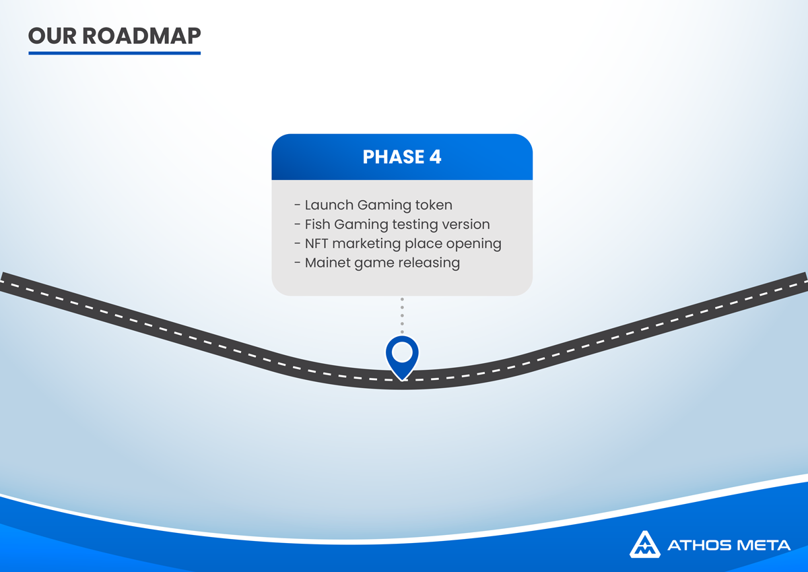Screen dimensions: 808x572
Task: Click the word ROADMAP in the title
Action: [x=141, y=36]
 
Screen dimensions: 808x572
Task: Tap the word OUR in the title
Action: [x=53, y=36]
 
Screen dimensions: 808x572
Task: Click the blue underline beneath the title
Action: [x=114, y=53]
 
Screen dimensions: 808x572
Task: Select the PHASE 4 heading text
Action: [x=402, y=157]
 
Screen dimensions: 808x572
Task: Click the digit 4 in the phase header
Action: [x=435, y=157]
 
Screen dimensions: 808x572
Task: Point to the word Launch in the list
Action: [x=329, y=205]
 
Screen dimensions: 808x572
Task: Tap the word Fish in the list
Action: [x=317, y=224]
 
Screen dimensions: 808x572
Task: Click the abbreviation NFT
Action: [x=316, y=244]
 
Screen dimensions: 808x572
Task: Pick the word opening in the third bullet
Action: [x=473, y=245]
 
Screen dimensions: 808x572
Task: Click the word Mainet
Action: [x=327, y=263]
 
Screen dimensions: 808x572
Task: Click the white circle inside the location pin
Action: [x=402, y=352]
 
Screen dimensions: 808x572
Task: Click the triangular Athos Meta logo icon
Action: [x=645, y=544]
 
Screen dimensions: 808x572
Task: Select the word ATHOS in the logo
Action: [x=700, y=545]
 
